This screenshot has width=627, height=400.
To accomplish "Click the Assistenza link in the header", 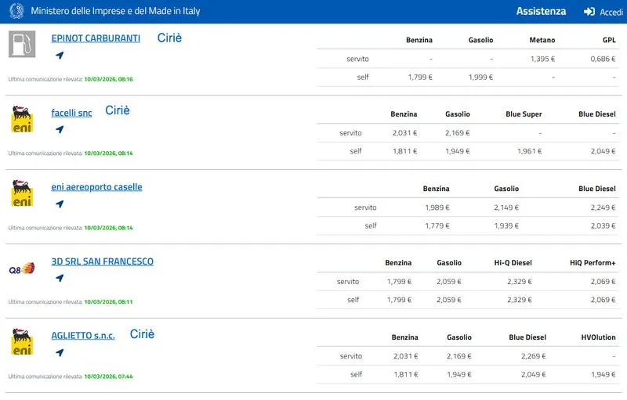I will point(541,12).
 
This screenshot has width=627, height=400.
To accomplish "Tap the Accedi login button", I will point(603,12).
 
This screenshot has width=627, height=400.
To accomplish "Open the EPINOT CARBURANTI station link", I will point(96,38).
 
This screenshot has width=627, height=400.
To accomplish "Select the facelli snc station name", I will point(71,113).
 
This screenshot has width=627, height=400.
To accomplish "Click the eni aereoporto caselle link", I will point(96,187).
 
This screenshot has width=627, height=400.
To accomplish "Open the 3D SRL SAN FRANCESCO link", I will point(102,261).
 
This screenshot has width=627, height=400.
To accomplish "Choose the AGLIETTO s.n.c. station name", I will point(83,335).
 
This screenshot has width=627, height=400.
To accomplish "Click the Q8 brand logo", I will point(21,268).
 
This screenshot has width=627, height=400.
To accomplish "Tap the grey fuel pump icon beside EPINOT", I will point(22,44).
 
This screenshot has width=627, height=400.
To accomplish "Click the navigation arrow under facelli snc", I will point(60,130).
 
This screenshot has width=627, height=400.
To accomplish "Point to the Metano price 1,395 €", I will point(542,59).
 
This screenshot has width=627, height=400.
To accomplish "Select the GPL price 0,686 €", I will point(602,59).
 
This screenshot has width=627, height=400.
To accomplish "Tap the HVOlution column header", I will point(598,337).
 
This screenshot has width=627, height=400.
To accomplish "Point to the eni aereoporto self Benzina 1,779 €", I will point(436,226).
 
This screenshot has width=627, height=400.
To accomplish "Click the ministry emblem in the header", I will point(16,12).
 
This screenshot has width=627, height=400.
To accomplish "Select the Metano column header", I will point(542,40).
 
